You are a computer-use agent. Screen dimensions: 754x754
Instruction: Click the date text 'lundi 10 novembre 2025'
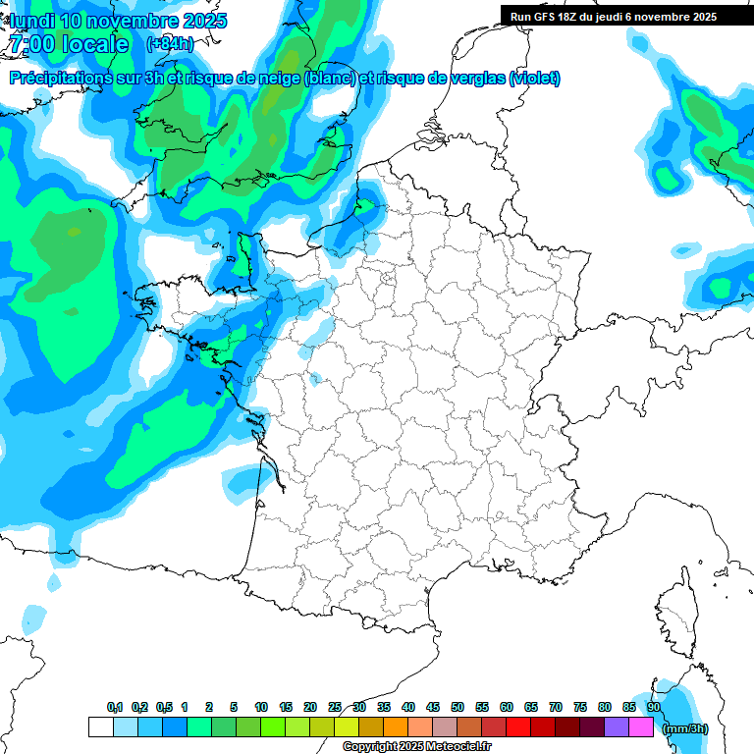pos(118,21)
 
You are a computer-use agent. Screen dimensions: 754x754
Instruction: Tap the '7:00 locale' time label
pos(69,44)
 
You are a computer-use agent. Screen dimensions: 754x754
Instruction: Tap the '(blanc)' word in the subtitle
pos(330,79)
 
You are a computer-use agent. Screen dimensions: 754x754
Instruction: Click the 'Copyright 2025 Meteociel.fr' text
pos(416,747)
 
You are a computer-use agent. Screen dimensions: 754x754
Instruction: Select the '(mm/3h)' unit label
pos(685,728)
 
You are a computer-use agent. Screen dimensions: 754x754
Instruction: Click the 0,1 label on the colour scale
pos(114,707)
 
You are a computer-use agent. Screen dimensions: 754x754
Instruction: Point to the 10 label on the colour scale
pos(261,707)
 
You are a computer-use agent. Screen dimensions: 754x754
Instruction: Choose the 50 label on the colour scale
pos(458,707)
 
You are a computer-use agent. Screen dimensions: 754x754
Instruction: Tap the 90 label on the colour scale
pos(654,707)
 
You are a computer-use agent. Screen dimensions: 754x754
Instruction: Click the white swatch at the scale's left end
pos(100,727)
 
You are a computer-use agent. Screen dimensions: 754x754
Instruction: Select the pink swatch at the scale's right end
pos(642,727)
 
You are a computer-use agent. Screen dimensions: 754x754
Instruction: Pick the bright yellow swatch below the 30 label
pos(347,727)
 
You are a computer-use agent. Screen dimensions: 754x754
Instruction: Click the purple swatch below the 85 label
pos(618,727)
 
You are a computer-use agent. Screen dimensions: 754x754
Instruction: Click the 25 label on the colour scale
pos(335,707)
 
